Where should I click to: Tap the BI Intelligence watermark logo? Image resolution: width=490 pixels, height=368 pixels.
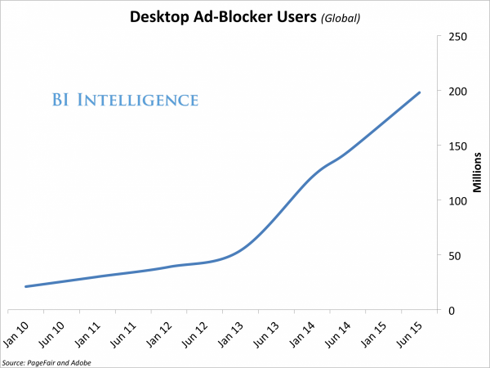(x=126, y=101)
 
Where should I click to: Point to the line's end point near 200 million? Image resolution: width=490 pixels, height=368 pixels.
(x=420, y=92)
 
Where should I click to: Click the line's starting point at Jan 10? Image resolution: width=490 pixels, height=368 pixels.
(x=26, y=287)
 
